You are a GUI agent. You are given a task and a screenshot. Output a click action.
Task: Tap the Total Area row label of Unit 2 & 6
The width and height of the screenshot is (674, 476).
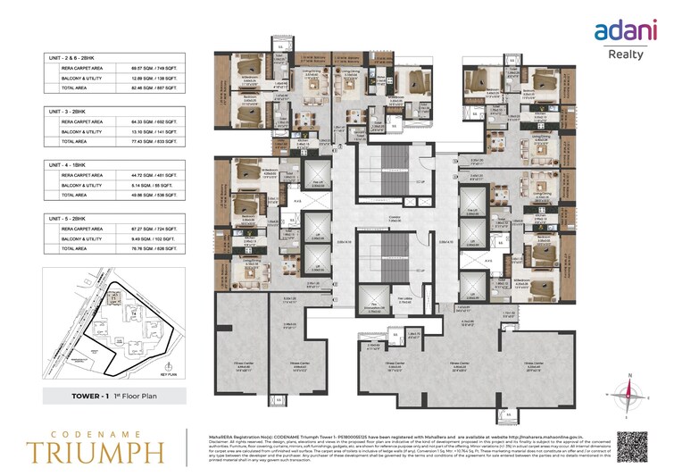74,88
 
